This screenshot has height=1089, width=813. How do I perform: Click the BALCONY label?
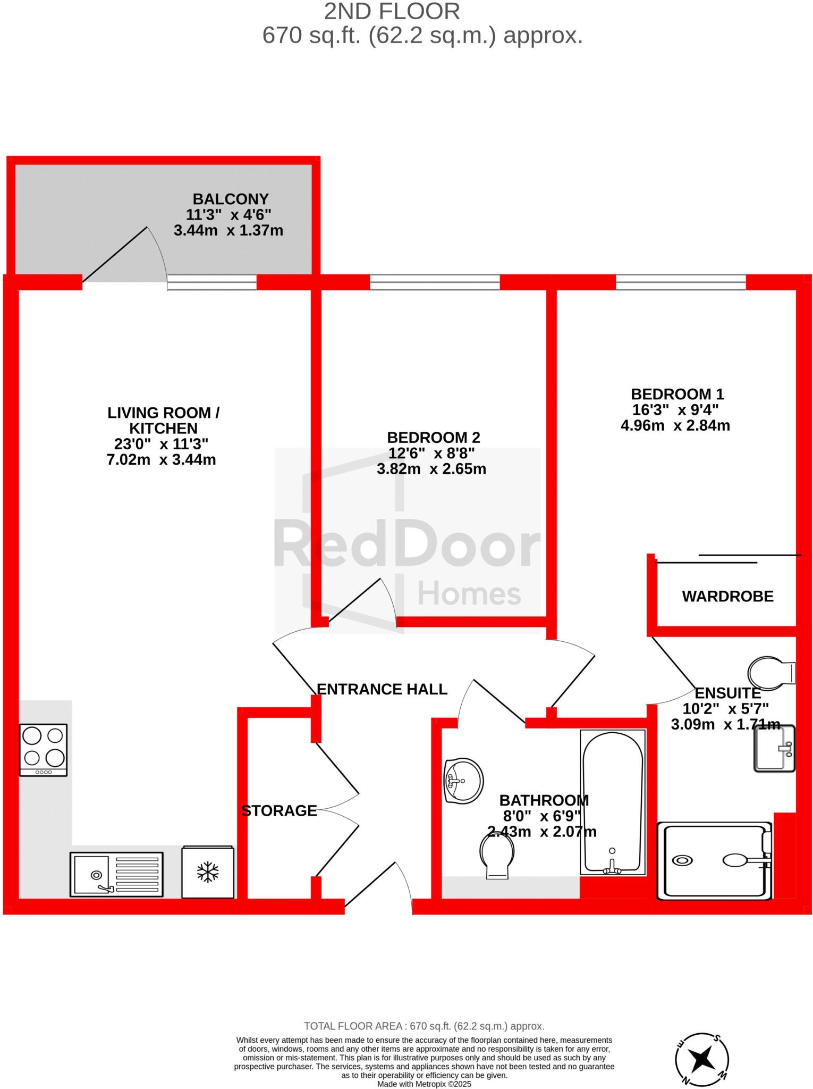[x=230, y=199]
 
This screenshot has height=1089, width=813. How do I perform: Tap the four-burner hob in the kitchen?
[x=43, y=749]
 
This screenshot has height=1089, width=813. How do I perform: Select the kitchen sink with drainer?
[x=116, y=874]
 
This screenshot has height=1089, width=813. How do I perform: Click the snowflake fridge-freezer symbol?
[x=208, y=872]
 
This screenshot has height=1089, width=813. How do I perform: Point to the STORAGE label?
[x=279, y=810]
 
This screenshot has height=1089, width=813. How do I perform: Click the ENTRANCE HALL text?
[x=382, y=689]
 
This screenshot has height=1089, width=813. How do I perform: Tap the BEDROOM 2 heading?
[x=433, y=438]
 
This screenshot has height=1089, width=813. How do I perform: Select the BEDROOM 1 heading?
[x=677, y=394]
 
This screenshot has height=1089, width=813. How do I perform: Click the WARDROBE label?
[x=727, y=596]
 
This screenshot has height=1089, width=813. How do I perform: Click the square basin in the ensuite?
[x=774, y=748]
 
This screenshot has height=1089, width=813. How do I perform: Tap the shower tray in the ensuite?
[x=714, y=860]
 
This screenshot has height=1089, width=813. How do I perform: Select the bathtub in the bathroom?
[x=613, y=802]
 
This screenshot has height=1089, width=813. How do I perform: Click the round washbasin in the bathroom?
[x=463, y=780]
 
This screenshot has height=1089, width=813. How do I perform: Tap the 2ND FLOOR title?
[x=392, y=12]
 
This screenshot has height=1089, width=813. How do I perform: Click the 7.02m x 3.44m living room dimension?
[x=161, y=459]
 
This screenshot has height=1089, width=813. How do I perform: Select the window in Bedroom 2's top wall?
[x=435, y=282]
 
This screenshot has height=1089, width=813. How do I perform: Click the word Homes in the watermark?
[x=469, y=594]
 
